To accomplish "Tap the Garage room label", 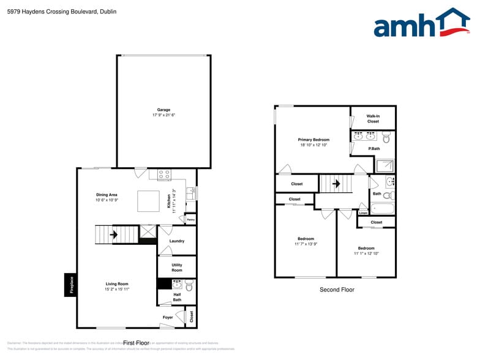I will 163,110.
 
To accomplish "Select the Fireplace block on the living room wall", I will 70,285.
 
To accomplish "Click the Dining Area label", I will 107,195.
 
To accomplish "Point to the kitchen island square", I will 147,201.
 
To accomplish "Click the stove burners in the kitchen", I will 164,175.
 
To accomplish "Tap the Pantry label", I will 190,219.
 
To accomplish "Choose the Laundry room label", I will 176,241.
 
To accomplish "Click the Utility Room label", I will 176,268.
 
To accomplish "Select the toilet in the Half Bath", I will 189,285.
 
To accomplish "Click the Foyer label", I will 168,317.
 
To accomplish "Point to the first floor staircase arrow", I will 113,234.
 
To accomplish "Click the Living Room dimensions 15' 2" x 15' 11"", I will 117,290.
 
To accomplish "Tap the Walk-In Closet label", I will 373,118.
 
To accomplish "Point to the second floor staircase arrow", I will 335,183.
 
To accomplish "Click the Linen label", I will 363,213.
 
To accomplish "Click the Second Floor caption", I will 337,290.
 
